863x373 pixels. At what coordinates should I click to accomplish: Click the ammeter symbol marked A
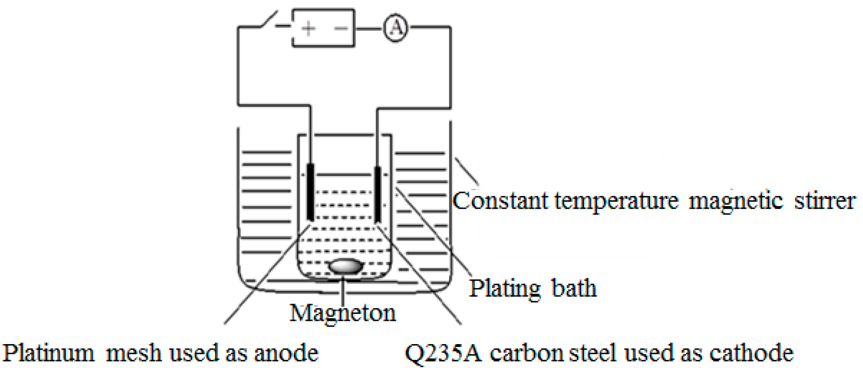tap(396, 28)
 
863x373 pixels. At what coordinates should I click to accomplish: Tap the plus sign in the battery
tap(308, 28)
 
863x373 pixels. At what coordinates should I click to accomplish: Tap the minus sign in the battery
tap(341, 28)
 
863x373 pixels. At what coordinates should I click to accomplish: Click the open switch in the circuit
tap(268, 20)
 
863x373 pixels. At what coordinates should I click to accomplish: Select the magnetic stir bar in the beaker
tap(346, 266)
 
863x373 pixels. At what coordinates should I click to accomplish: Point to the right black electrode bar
tap(377, 194)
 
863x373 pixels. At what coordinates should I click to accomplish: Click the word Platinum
tap(49, 353)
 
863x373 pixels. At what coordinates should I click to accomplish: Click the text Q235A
tap(442, 353)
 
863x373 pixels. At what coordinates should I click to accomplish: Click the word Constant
tap(499, 201)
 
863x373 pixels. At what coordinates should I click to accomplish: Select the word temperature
tap(616, 202)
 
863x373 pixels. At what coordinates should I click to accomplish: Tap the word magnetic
tap(736, 202)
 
